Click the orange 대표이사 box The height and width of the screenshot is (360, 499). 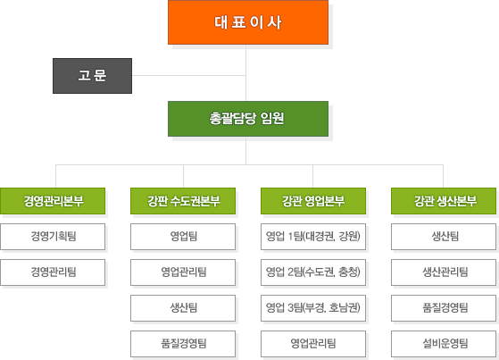(x=248, y=22)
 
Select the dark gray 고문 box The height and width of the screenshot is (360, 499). (x=92, y=76)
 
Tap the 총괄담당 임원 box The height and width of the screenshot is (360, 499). (x=248, y=119)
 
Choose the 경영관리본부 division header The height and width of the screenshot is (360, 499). (x=53, y=201)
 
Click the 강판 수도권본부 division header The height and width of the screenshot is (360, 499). (x=183, y=201)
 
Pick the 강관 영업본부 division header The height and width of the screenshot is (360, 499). (x=313, y=201)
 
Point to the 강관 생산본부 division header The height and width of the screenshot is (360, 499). (x=444, y=201)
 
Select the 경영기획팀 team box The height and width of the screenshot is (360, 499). (x=53, y=237)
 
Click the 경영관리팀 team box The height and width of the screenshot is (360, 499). (x=53, y=272)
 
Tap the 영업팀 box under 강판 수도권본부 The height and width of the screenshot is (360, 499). (x=183, y=237)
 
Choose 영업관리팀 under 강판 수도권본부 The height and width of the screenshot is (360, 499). (x=183, y=272)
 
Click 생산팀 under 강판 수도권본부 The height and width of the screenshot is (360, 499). (x=183, y=308)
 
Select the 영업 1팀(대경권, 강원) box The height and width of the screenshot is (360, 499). (x=313, y=237)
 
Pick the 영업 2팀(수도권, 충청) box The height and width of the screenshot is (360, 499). (x=313, y=272)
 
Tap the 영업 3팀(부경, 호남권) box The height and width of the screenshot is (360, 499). (x=313, y=308)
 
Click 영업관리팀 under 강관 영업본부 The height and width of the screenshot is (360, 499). (x=313, y=344)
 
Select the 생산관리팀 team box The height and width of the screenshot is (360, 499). (x=444, y=272)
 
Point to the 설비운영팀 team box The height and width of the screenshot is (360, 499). (x=444, y=344)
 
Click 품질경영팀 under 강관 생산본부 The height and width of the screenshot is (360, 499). (x=444, y=308)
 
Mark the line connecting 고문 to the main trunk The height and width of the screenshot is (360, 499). (x=189, y=76)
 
